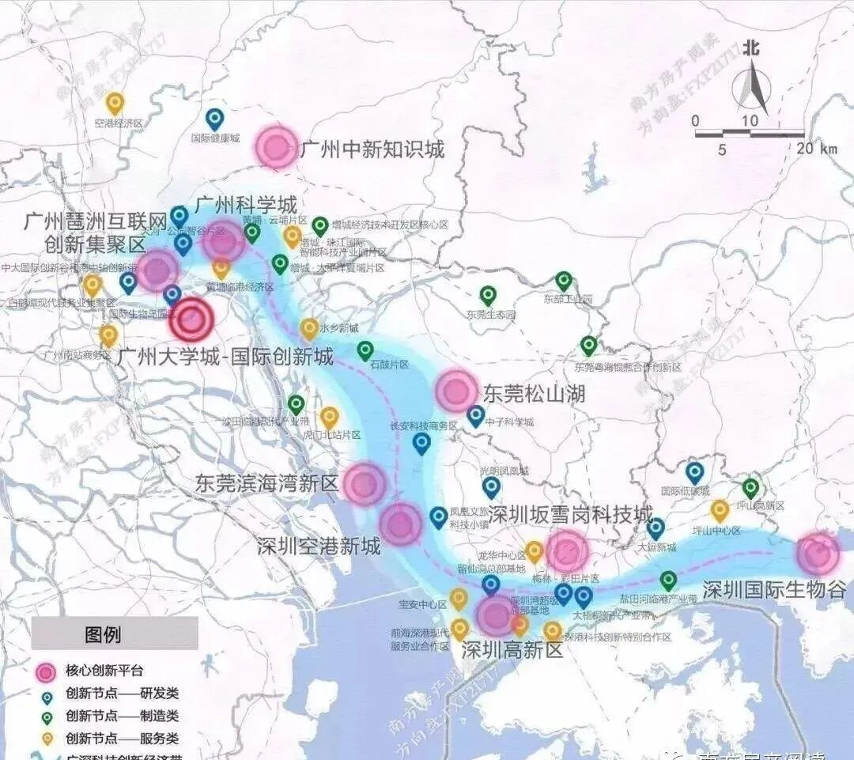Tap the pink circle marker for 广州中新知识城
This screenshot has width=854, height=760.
coord(277,146)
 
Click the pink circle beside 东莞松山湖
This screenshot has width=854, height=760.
coord(456,391)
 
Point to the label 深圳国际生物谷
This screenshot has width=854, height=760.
coord(773,591)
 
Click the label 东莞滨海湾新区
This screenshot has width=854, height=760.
coord(267,483)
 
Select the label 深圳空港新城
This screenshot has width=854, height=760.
coord(319,546)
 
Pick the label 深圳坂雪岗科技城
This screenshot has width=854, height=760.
coord(571,512)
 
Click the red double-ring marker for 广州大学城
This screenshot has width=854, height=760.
coord(191,320)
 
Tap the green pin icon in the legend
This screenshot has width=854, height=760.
coord(47,717)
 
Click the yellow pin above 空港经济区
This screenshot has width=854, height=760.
coord(115,103)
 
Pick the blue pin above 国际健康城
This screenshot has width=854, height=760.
coord(214,119)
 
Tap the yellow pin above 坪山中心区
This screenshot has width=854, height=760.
coord(720,510)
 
